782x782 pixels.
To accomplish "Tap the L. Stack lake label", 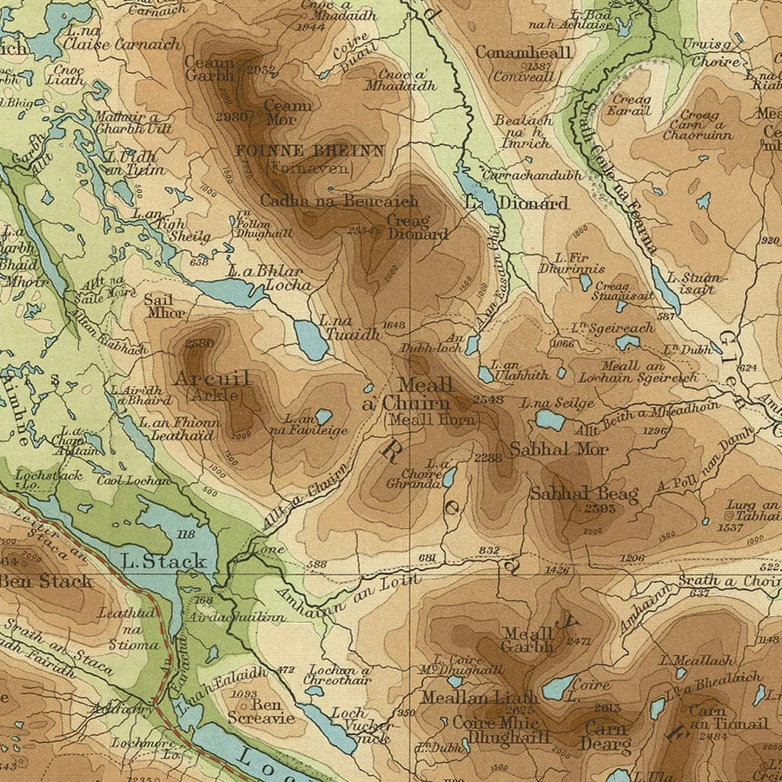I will point(164,560).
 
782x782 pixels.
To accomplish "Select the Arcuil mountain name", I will point(212,379).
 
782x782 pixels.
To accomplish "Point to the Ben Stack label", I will point(45,580).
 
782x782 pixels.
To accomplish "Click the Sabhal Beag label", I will point(584,494).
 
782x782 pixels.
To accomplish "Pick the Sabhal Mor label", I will point(559,449).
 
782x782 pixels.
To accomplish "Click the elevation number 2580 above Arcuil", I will point(199,344).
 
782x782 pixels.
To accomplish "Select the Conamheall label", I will point(524,53).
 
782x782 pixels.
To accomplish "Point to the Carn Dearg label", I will point(606,737).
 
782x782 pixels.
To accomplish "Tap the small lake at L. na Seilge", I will point(549,420).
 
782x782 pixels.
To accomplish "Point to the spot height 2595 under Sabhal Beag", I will point(600,508).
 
